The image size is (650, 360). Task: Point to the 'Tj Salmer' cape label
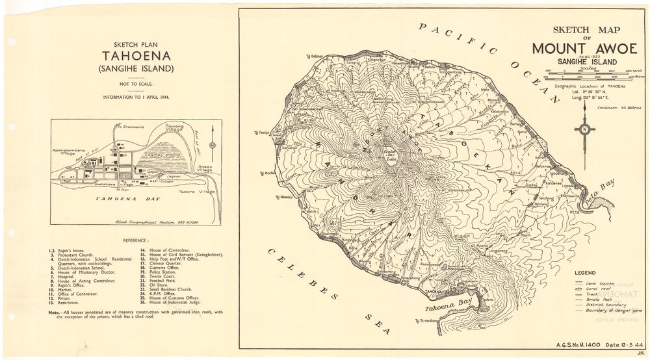[x=314, y=56]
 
